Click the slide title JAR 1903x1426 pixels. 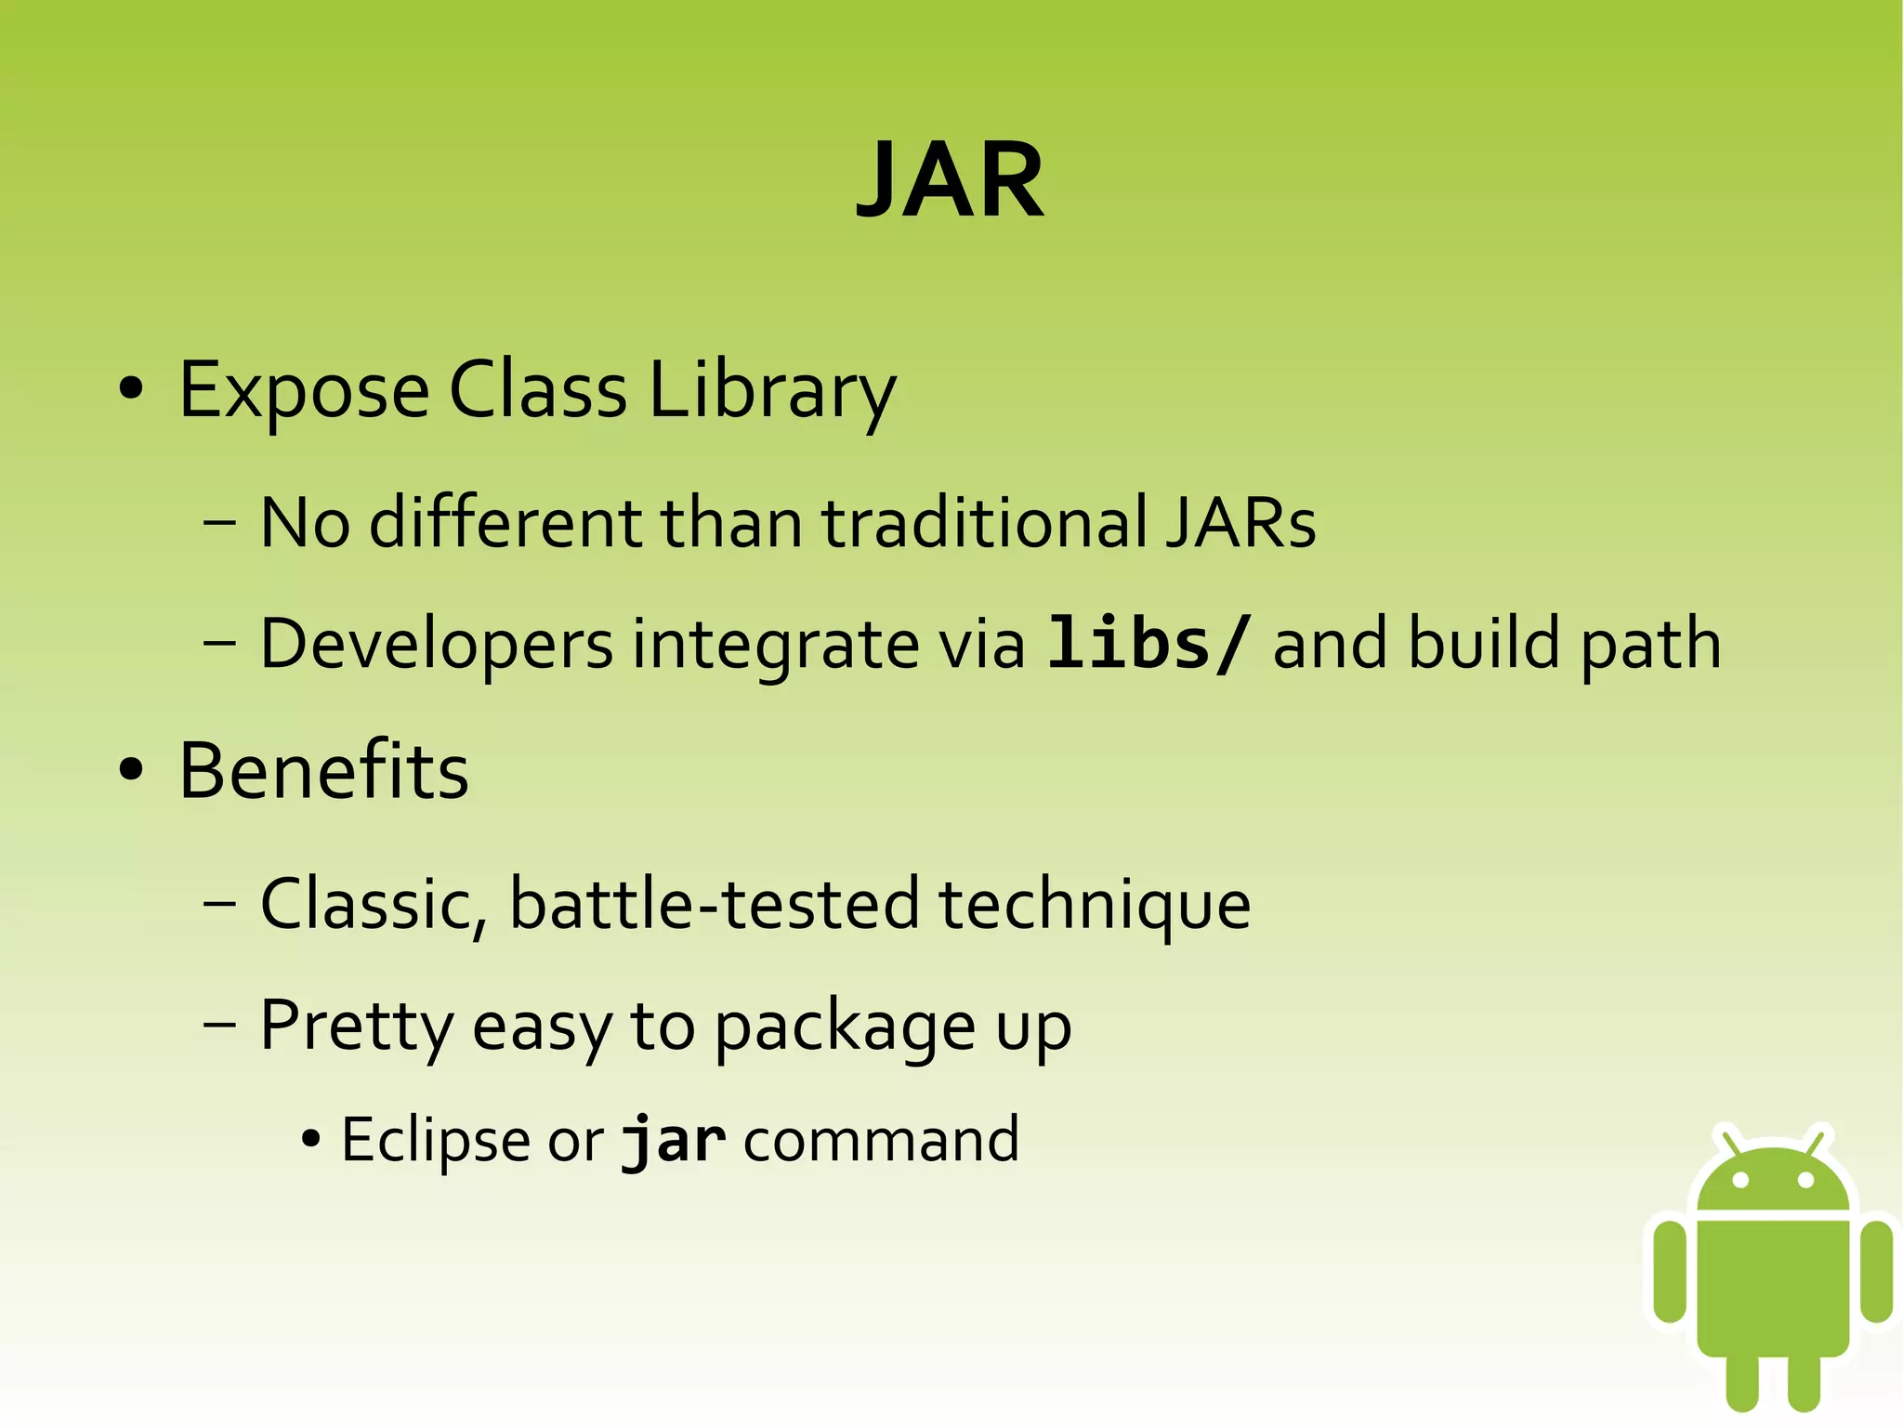(951, 179)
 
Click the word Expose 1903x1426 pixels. (304, 390)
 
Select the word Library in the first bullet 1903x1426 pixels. (771, 390)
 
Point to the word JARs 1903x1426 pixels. (1240, 522)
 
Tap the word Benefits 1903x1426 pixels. (324, 771)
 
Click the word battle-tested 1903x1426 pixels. (715, 904)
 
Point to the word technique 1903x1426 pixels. (1095, 904)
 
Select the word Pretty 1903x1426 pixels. (356, 1027)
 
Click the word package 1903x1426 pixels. (845, 1027)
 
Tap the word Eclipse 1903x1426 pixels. (435, 1140)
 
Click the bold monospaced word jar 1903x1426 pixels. (673, 1140)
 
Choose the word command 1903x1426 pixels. (881, 1140)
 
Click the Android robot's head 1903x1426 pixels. (1773, 1178)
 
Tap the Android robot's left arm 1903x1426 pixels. (1670, 1270)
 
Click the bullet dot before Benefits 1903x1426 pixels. (131, 771)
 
